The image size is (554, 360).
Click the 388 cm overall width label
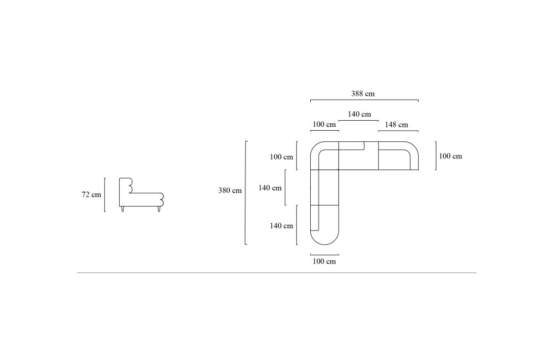(x=362, y=94)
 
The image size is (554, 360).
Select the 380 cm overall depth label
(x=230, y=191)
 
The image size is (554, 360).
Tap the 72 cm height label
(x=91, y=194)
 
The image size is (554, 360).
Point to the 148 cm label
(x=397, y=125)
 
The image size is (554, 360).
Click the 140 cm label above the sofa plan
(x=360, y=114)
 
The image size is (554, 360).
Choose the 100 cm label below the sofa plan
(x=324, y=261)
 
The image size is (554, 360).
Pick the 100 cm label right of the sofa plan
(x=450, y=156)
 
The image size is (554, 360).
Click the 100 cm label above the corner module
(x=324, y=125)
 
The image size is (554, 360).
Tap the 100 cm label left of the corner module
(x=281, y=157)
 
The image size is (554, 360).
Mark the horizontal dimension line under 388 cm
(x=365, y=100)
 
